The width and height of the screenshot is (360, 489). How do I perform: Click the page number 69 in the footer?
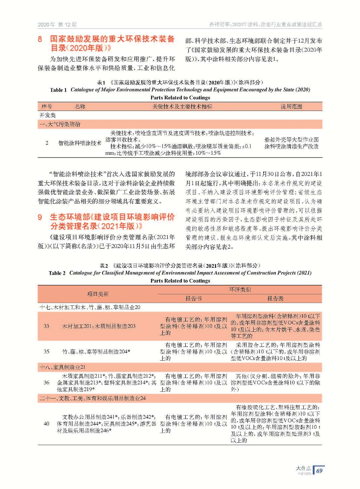click(x=319, y=470)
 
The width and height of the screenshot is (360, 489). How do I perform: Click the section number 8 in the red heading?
click(x=40, y=39)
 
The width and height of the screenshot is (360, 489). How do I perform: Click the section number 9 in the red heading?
click(x=40, y=217)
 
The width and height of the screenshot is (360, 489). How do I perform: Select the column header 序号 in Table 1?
click(x=47, y=107)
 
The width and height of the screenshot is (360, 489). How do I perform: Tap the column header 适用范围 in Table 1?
click(x=291, y=107)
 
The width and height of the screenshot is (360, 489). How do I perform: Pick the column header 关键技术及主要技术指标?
click(x=182, y=107)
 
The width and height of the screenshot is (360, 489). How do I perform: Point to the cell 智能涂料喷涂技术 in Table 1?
click(x=80, y=143)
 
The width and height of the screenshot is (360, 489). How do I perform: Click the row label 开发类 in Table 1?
click(x=48, y=115)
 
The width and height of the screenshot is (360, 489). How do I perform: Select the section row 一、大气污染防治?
click(x=60, y=124)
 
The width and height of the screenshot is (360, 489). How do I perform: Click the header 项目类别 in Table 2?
click(x=97, y=294)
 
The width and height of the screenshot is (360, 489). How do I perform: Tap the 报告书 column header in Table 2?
click(x=194, y=298)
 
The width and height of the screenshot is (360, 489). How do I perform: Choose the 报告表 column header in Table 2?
click(x=275, y=298)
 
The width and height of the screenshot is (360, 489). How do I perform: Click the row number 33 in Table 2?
click(x=47, y=326)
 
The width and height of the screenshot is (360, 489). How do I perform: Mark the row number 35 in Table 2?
click(x=47, y=352)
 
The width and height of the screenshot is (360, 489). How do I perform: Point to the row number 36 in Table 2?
click(x=47, y=382)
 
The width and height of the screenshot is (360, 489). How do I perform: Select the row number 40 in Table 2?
click(x=47, y=424)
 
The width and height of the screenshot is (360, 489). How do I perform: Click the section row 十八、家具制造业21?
click(x=62, y=367)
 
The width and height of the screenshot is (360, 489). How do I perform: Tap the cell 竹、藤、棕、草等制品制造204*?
click(x=96, y=352)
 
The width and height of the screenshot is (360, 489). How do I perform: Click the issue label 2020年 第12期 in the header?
click(x=57, y=24)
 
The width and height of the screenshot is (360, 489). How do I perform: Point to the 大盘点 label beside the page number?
click(x=303, y=468)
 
